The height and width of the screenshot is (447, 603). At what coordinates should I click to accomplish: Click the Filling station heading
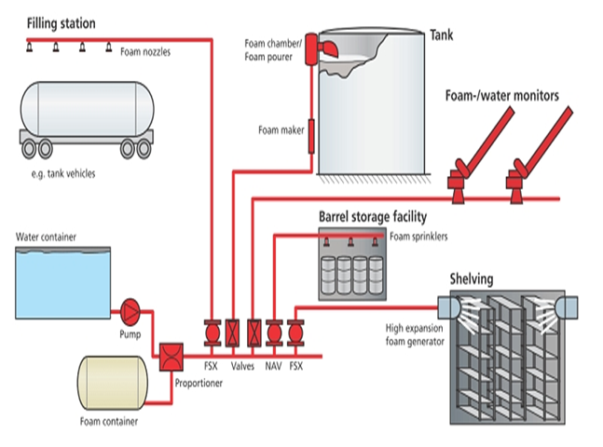62,23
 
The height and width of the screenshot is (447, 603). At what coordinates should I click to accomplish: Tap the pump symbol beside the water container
130,312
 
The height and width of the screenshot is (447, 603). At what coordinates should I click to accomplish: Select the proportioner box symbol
171,357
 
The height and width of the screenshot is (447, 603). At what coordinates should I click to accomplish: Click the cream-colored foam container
112,383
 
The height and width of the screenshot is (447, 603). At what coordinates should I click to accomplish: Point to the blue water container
62,283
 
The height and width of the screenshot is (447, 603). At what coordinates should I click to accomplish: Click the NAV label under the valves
273,366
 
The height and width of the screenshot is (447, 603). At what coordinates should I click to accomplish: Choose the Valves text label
242,366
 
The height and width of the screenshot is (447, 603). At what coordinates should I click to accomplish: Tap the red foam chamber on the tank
310,48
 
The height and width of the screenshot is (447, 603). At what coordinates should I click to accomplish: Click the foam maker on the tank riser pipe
311,137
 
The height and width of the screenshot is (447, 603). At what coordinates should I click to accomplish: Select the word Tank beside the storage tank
441,35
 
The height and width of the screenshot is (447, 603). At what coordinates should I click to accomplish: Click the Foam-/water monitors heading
501,95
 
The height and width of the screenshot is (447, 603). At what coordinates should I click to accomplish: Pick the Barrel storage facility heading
373,217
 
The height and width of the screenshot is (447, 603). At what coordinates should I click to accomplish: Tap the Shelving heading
472,279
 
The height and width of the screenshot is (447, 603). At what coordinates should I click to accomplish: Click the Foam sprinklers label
418,237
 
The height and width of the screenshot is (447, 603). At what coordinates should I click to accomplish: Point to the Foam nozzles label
145,52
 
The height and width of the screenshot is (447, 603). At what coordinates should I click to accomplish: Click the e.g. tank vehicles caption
63,174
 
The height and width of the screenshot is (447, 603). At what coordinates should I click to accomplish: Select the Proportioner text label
199,383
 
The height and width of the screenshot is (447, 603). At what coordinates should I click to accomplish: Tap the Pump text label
130,334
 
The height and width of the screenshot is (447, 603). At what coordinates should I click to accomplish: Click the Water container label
46,237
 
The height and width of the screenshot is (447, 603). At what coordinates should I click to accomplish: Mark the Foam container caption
109,422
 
